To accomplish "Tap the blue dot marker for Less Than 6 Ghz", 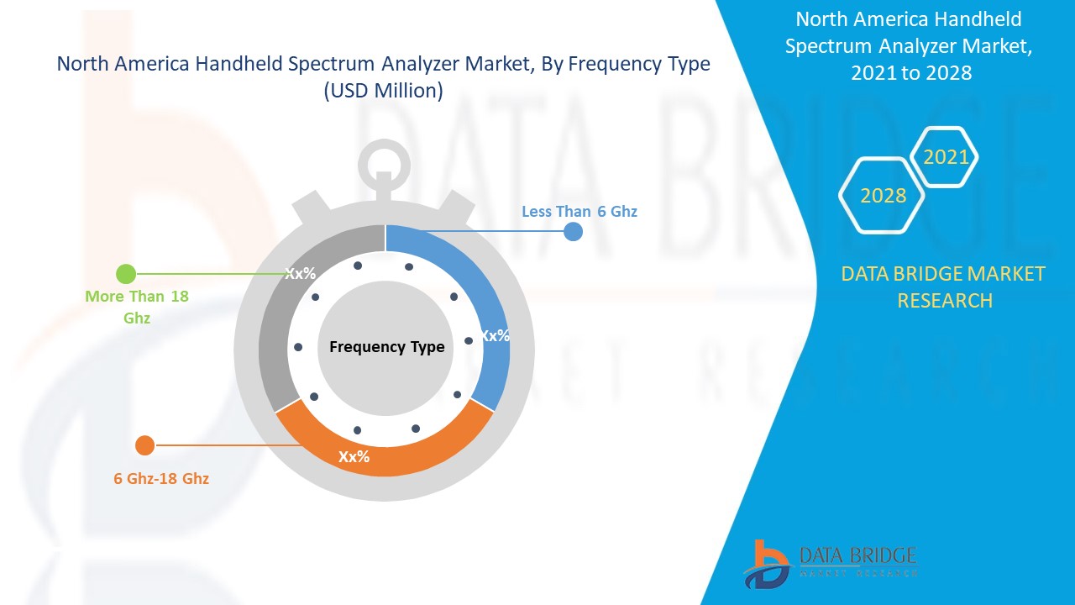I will [573, 232].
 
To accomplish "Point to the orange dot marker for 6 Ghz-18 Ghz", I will [144, 445].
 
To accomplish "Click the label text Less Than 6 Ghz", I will [579, 211].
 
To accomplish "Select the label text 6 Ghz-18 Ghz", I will [161, 478].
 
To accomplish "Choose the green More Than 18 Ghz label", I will [136, 307].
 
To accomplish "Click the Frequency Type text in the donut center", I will [386, 347].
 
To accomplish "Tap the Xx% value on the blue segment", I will [495, 335].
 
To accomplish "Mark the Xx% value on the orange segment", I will [354, 457].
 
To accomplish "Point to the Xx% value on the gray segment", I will [300, 273].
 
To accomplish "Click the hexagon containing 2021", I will [945, 157].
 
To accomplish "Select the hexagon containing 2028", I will [882, 196].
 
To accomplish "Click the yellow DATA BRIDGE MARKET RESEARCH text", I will [944, 287].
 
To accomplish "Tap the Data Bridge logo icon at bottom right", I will [765, 563].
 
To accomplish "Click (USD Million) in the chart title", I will [383, 91].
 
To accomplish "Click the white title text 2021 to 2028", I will [910, 73].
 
